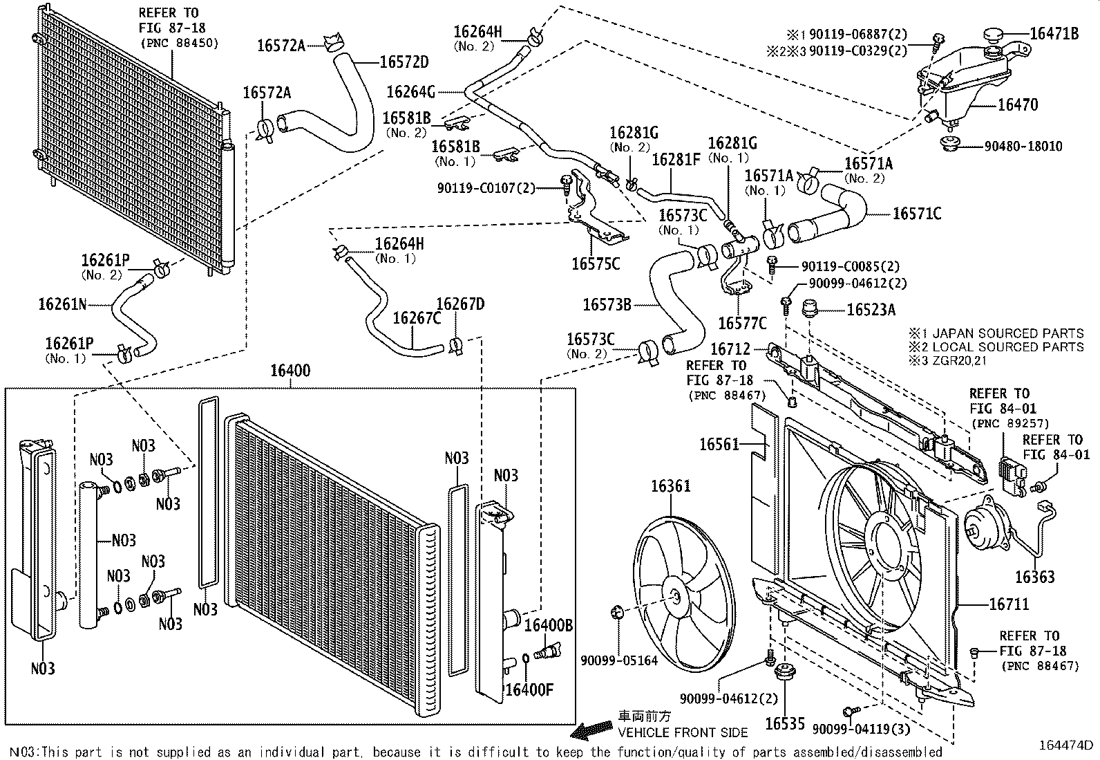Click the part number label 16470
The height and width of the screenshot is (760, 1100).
pyautogui.click(x=1018, y=105)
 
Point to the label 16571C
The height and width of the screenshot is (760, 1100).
pyautogui.click(x=917, y=214)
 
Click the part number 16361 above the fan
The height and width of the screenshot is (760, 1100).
pyautogui.click(x=670, y=487)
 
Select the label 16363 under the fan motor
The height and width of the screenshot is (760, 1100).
pyautogui.click(x=1034, y=577)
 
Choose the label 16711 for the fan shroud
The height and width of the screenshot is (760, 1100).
pyautogui.click(x=1009, y=604)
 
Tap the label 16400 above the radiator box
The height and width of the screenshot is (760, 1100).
pyautogui.click(x=290, y=371)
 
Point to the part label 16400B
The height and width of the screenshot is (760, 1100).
pyautogui.click(x=549, y=625)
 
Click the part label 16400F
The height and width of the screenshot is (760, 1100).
pyautogui.click(x=530, y=689)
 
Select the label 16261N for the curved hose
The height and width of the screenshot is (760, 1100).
pyautogui.click(x=62, y=304)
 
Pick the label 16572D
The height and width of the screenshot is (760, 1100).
pyautogui.click(x=404, y=62)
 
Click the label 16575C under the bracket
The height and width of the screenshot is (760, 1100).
pyautogui.click(x=596, y=263)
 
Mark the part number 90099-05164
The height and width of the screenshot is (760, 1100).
pyautogui.click(x=620, y=661)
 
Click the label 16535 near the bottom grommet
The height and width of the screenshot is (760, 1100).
pyautogui.click(x=785, y=724)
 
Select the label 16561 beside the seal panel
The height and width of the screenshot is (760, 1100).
pyautogui.click(x=719, y=444)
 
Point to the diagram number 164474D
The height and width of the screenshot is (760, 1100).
pyautogui.click(x=1066, y=745)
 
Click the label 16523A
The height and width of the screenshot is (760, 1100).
pyautogui.click(x=871, y=309)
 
